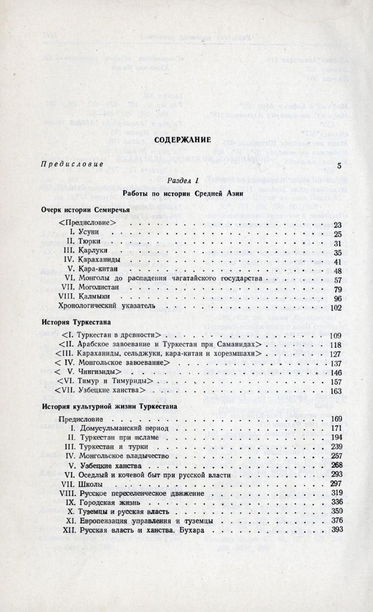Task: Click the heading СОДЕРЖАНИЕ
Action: (183, 140)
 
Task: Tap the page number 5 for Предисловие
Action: (339, 165)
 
